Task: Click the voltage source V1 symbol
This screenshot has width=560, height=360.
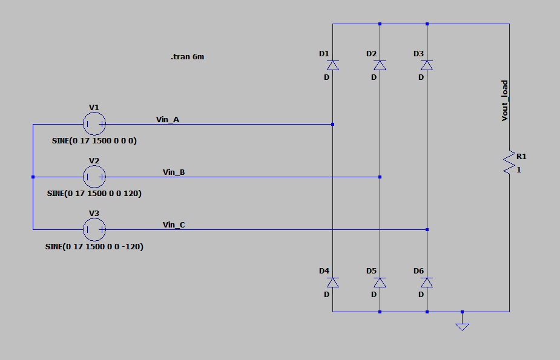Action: [x=94, y=124]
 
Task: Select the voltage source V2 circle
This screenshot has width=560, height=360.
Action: [x=94, y=177]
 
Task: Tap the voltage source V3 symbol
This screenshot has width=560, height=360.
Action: [x=94, y=230]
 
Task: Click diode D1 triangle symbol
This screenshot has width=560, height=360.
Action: [x=332, y=65]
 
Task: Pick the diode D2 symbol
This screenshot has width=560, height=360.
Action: [x=380, y=65]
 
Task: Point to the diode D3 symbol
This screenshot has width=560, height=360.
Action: [x=427, y=65]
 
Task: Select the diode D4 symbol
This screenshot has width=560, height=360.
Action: [x=332, y=283]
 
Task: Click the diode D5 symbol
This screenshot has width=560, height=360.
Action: [x=380, y=283]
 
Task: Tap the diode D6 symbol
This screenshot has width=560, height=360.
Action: [x=427, y=283]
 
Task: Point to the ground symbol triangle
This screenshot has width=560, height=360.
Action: [x=462, y=327]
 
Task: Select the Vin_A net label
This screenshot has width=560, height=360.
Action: [x=168, y=119]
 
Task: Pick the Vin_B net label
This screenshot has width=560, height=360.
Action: [x=174, y=172]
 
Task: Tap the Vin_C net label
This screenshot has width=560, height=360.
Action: [x=174, y=224]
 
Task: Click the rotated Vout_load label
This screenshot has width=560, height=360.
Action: [x=505, y=100]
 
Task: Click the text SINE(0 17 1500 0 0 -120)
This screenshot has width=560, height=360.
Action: [x=94, y=247]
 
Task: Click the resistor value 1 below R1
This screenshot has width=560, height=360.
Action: [x=519, y=170]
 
